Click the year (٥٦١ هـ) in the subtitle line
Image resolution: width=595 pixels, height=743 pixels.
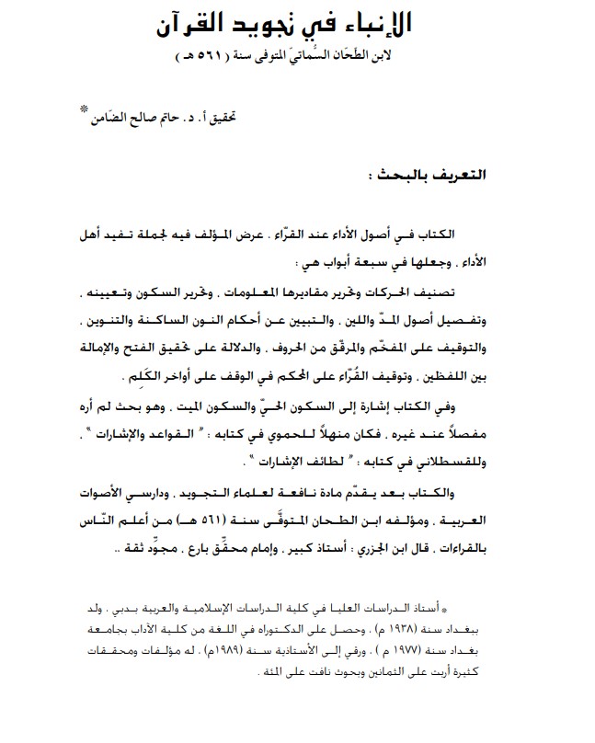[x=208, y=57]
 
